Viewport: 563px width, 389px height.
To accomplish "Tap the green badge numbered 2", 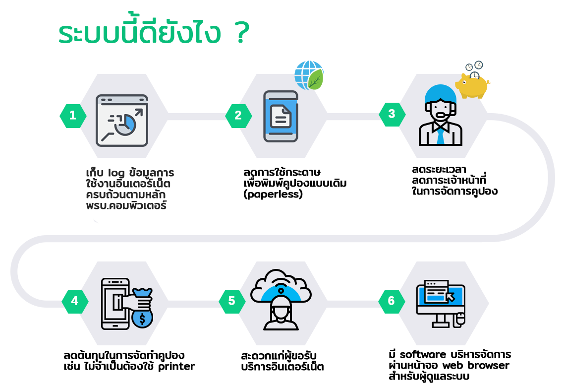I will (238, 116).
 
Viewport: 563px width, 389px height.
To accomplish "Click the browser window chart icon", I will (122, 121).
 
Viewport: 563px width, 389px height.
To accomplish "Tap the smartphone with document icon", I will (281, 117).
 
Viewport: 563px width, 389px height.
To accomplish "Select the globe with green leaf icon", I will (309, 75).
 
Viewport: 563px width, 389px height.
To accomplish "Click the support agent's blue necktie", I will (441, 135).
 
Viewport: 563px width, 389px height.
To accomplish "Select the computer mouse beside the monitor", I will (460, 320).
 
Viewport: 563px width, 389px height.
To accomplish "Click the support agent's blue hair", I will (440, 93).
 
